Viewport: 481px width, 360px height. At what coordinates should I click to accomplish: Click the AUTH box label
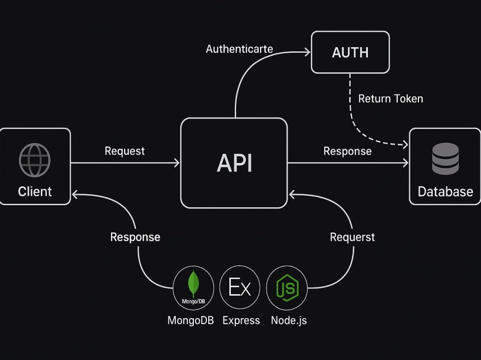point(350,52)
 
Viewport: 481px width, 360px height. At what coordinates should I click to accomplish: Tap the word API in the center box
point(234,163)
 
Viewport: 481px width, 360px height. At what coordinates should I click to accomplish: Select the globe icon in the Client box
point(35,160)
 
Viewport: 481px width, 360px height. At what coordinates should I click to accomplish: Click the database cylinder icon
point(445,159)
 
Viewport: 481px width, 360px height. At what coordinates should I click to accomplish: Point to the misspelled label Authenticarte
point(239,49)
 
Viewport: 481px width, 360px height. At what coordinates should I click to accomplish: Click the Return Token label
point(391,99)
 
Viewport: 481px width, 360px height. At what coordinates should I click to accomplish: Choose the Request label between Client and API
point(125,151)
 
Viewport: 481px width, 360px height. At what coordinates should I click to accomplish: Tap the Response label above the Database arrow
point(347,151)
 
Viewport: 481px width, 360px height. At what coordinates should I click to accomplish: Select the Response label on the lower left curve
point(135,237)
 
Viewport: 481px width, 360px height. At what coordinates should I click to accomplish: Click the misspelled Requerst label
point(352,237)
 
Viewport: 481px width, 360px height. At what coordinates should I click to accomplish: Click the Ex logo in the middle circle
point(240,287)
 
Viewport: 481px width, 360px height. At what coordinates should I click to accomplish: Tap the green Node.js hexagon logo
point(287,287)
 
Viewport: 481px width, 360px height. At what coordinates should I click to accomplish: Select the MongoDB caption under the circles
point(190,321)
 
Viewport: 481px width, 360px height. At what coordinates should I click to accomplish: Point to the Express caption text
point(241,321)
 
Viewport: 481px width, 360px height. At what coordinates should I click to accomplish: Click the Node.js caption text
point(289,321)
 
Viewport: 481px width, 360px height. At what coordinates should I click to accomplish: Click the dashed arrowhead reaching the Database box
point(405,144)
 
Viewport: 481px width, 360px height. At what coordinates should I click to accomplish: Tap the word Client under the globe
point(35,192)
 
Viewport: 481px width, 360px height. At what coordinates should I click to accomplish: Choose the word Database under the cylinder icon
point(445,192)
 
